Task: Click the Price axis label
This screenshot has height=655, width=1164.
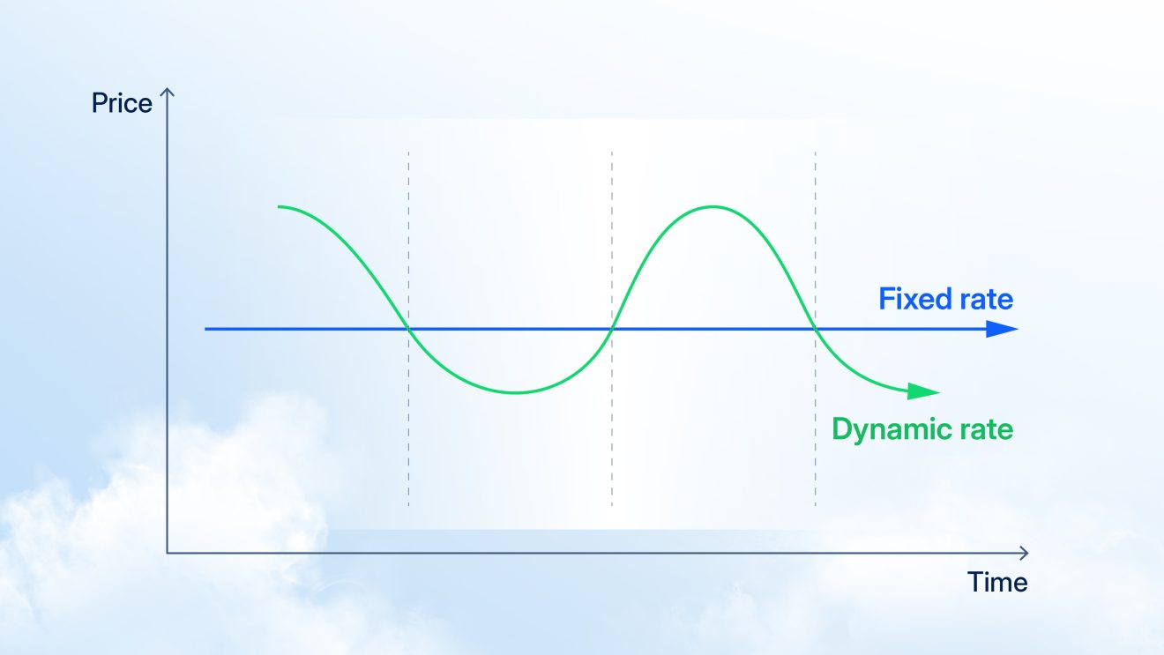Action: point(122,104)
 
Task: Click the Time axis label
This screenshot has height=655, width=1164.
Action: point(997,582)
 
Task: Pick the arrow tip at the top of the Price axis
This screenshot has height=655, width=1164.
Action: point(167,90)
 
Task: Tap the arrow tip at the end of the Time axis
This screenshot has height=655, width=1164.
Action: point(1026,553)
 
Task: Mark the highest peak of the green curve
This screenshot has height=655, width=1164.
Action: point(713,207)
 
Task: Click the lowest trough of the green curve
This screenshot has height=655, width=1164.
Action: point(516,392)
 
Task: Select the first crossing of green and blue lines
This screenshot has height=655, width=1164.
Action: point(408,330)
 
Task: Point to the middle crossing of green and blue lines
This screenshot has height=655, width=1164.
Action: point(612,330)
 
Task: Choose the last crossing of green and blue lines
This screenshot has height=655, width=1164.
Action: point(816,330)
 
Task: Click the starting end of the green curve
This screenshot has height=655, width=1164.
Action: point(279,206)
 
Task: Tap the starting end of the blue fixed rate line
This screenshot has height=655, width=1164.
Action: point(206,330)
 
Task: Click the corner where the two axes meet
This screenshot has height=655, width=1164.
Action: point(167,553)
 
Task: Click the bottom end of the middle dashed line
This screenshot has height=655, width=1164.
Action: point(612,505)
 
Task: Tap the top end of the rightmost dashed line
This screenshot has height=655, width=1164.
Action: point(816,153)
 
